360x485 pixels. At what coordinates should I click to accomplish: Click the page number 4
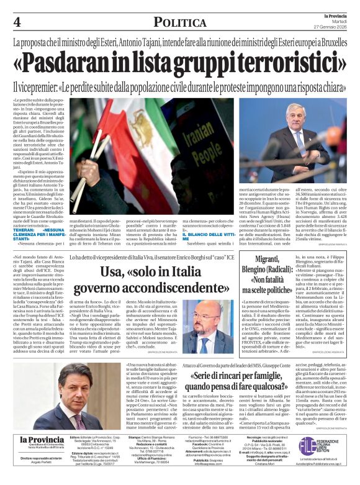(17, 23)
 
